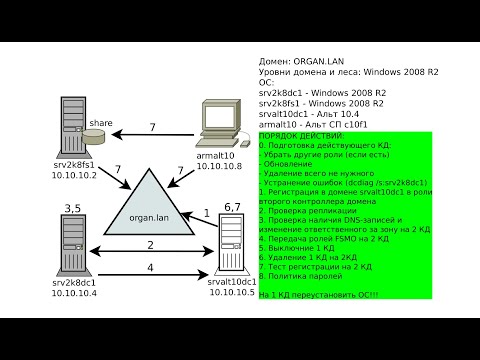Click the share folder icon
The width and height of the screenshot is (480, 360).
click(98, 135)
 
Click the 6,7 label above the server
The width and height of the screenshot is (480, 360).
click(232, 206)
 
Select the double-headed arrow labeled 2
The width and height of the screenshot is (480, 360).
click(150, 248)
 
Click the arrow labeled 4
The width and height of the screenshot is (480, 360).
click(150, 274)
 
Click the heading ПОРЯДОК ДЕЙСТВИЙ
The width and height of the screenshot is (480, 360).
click(301, 135)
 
